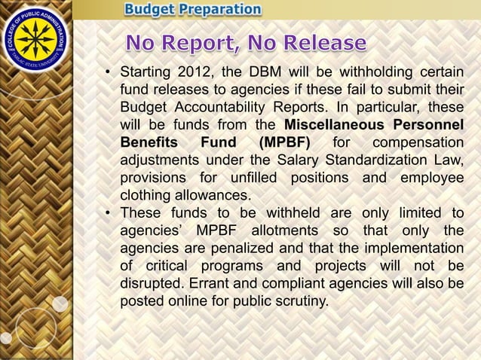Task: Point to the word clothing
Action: click(147, 194)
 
